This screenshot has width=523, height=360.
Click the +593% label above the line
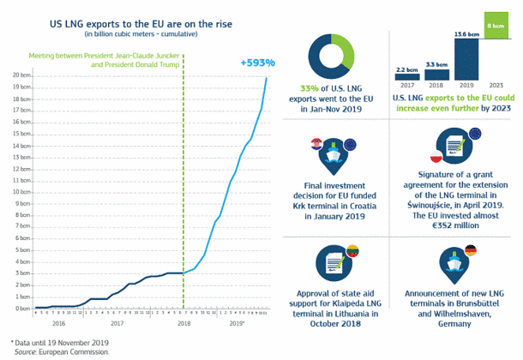click(255, 63)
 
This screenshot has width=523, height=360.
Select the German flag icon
click(471, 250)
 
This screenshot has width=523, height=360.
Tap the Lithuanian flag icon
click(350, 250)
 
